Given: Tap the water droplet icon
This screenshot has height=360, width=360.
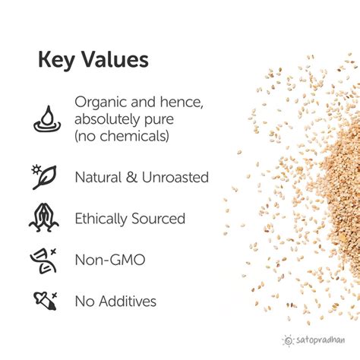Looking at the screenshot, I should pos(46,117).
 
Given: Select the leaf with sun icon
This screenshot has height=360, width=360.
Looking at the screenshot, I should pos(46,176).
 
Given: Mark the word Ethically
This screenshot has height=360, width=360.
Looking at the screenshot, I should pos(102,219).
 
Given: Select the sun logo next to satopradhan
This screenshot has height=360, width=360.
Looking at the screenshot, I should pos(287,340).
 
